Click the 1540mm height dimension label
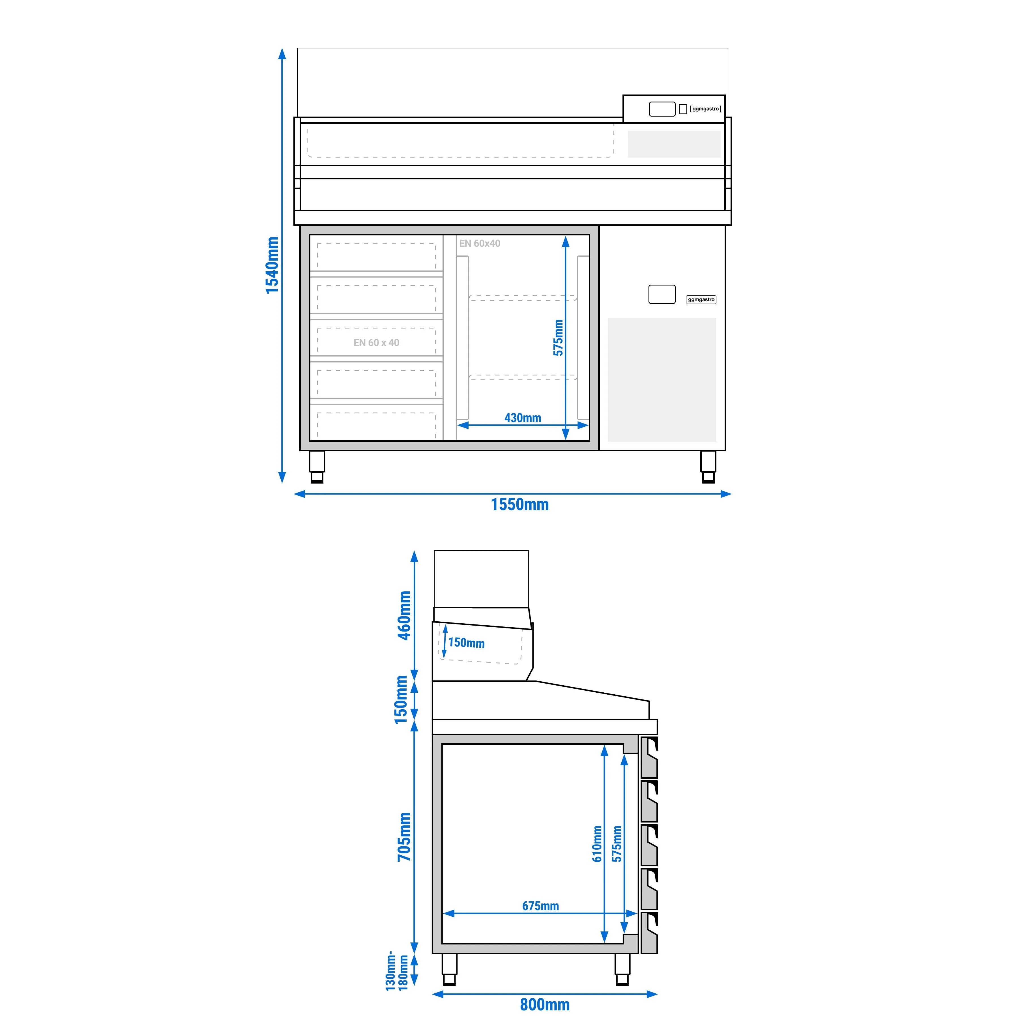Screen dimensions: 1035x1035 click(x=272, y=265)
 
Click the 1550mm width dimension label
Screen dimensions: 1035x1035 click(x=520, y=505)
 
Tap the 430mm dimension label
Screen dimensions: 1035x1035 click(x=522, y=418)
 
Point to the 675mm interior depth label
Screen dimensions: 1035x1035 click(x=540, y=906)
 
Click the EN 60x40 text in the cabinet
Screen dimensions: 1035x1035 click(x=480, y=243)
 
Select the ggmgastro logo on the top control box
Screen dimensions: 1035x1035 click(x=706, y=109)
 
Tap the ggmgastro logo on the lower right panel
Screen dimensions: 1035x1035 click(x=701, y=299)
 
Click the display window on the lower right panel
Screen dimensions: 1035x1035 click(x=662, y=294)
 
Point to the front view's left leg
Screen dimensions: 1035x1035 click(x=317, y=467)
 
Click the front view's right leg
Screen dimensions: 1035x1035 click(x=708, y=467)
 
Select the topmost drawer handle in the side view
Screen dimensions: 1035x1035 click(x=649, y=757)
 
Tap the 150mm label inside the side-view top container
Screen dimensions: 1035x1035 click(x=466, y=643)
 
